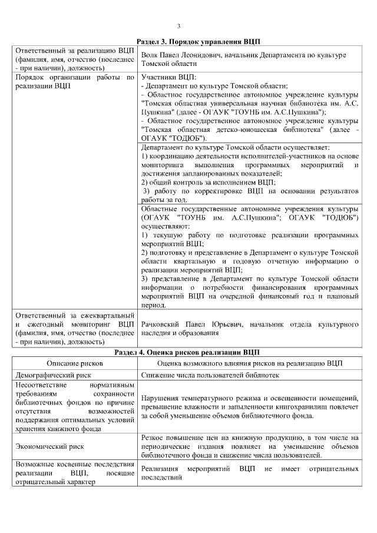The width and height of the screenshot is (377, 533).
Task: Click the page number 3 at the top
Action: (x=178, y=26)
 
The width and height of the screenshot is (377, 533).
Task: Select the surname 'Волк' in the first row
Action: (x=150, y=55)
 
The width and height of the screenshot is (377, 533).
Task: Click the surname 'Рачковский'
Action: (x=163, y=325)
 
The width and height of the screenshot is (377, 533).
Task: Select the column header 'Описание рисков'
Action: (x=74, y=363)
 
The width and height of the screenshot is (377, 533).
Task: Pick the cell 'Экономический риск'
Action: (x=48, y=446)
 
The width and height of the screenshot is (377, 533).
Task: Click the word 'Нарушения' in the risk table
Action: (x=161, y=399)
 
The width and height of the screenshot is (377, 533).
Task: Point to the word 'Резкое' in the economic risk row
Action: (x=153, y=438)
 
